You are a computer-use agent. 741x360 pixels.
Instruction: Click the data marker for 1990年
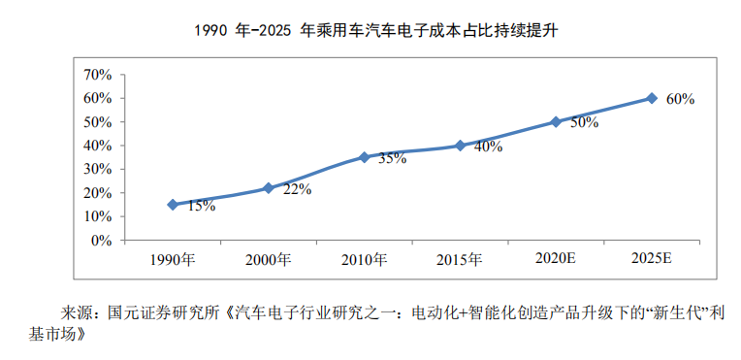pyautogui.click(x=173, y=205)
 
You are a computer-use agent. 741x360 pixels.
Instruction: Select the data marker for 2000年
pyautogui.click(x=269, y=188)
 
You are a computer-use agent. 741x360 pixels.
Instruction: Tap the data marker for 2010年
pyautogui.click(x=365, y=157)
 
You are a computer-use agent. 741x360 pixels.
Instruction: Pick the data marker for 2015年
pyautogui.click(x=461, y=146)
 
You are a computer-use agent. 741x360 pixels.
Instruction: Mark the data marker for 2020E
pyautogui.click(x=556, y=121)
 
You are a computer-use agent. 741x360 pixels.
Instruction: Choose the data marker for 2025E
pyautogui.click(x=652, y=98)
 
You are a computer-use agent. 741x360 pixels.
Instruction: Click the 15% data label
pyautogui.click(x=201, y=206)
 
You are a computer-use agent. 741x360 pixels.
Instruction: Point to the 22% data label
pyautogui.click(x=297, y=189)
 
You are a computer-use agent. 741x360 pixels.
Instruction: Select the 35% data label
pyautogui.click(x=392, y=158)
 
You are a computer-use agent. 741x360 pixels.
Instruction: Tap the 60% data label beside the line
pyautogui.click(x=680, y=99)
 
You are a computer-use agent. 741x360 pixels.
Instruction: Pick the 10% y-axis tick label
pyautogui.click(x=98, y=217)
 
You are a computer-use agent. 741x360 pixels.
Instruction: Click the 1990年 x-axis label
pyautogui.click(x=173, y=259)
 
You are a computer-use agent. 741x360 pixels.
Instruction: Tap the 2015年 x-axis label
pyautogui.click(x=461, y=259)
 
